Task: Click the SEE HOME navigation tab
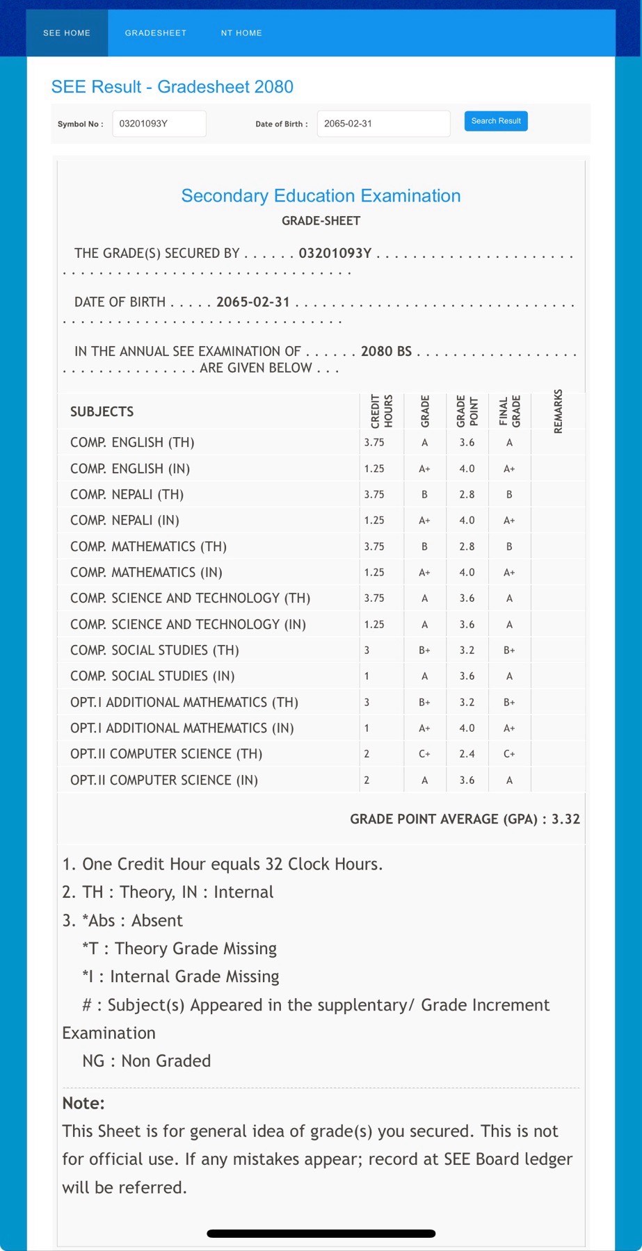tap(67, 33)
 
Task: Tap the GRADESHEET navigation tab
tap(156, 33)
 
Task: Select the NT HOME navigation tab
tap(241, 33)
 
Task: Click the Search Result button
tap(496, 121)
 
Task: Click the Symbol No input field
tap(159, 124)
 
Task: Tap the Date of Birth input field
tap(383, 124)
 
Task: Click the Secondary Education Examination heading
tap(321, 196)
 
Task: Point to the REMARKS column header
tap(558, 411)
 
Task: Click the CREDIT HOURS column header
tap(381, 411)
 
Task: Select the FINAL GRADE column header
tap(509, 411)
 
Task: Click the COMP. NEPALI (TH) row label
tap(127, 495)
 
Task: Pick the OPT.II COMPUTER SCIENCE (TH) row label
tap(166, 754)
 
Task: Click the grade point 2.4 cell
tap(467, 754)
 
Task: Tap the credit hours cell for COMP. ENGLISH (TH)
tap(374, 443)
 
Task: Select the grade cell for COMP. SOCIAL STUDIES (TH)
tap(424, 651)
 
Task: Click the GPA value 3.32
tap(565, 819)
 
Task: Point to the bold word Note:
tap(83, 1103)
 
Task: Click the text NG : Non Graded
tap(146, 1061)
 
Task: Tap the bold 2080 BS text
tap(386, 352)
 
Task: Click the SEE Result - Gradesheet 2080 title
tap(172, 87)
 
